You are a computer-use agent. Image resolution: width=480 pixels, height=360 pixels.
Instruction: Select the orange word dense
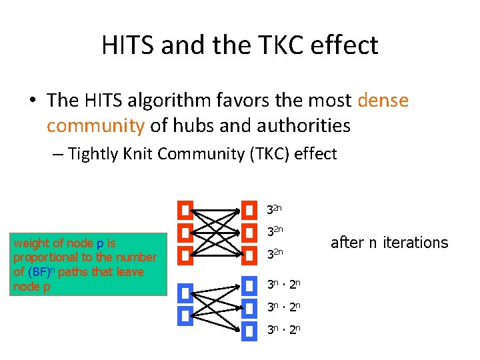(x=383, y=101)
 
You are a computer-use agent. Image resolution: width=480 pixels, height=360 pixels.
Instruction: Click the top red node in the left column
(x=185, y=211)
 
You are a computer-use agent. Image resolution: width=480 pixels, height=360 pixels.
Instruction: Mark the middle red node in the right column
(x=249, y=233)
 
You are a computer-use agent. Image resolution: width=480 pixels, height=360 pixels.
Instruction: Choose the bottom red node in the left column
(x=185, y=255)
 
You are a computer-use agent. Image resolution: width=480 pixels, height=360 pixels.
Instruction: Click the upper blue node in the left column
(x=185, y=293)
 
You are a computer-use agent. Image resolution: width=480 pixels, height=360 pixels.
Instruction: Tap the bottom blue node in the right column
(x=249, y=330)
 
